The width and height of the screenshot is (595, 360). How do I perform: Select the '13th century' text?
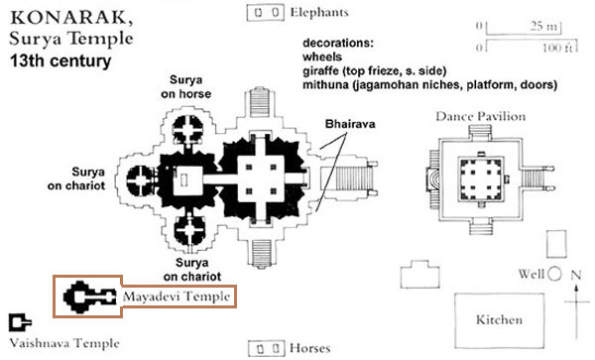click(x=59, y=61)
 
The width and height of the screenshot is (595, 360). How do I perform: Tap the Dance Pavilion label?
click(x=480, y=117)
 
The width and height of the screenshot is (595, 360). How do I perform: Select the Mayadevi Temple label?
click(x=178, y=297)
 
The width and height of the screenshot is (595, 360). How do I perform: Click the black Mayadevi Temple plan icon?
click(x=86, y=296)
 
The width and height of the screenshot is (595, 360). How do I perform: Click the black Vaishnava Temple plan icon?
click(x=18, y=322)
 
